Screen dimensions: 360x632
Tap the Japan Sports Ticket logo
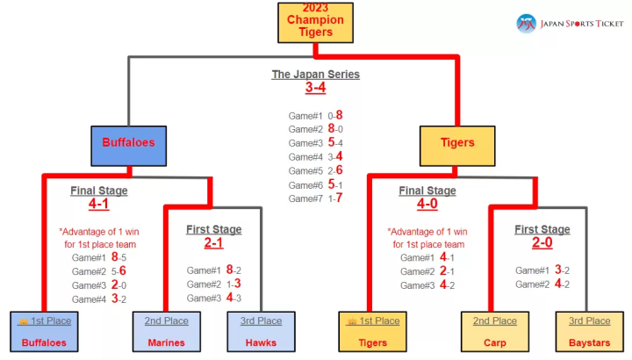(x=570, y=23)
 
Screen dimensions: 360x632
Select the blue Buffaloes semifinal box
(x=128, y=144)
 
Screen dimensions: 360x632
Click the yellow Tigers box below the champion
(x=456, y=144)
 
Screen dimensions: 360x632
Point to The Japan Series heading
(x=315, y=75)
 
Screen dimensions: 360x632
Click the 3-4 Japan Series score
(x=315, y=88)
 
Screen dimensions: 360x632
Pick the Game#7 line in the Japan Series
(x=315, y=198)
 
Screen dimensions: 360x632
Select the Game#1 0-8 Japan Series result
(x=315, y=115)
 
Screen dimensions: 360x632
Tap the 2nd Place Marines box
(x=167, y=332)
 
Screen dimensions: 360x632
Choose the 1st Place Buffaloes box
(x=44, y=332)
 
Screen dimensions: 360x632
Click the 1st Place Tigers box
(x=373, y=332)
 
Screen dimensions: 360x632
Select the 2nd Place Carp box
(x=494, y=332)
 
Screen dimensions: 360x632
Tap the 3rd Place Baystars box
(x=589, y=332)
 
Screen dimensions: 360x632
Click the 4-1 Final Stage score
(x=98, y=205)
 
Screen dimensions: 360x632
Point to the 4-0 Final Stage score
(x=427, y=205)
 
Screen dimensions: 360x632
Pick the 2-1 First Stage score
(x=213, y=243)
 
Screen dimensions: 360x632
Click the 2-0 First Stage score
(x=542, y=243)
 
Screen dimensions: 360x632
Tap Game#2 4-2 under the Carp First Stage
(x=542, y=284)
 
